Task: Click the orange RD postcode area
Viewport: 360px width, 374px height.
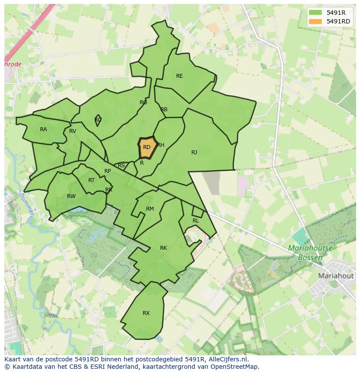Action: click(x=147, y=148)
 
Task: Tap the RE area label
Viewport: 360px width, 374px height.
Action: click(x=179, y=76)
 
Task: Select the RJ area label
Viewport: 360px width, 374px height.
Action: click(x=194, y=152)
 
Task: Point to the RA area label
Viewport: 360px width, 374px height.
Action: click(x=43, y=129)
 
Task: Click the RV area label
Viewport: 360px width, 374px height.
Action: click(x=73, y=131)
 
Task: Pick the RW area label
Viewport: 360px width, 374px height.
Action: click(x=71, y=196)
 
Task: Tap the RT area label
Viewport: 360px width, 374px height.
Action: click(x=91, y=180)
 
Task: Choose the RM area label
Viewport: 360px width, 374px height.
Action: click(x=150, y=209)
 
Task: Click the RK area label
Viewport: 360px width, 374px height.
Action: click(x=163, y=248)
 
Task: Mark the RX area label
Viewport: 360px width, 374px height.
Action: click(x=146, y=313)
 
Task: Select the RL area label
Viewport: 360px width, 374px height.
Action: click(x=196, y=221)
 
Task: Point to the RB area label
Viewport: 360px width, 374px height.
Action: click(x=164, y=109)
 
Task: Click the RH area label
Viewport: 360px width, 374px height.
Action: click(x=161, y=145)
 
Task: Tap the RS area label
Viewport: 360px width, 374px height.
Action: click(x=121, y=165)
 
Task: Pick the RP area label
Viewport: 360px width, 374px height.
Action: click(x=108, y=171)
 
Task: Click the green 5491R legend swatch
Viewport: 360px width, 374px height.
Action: click(x=316, y=13)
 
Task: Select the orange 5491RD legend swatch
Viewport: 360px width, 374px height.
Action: click(x=316, y=21)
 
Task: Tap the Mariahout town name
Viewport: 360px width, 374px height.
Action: click(x=336, y=276)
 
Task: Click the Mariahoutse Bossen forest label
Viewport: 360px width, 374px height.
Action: click(x=310, y=253)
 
